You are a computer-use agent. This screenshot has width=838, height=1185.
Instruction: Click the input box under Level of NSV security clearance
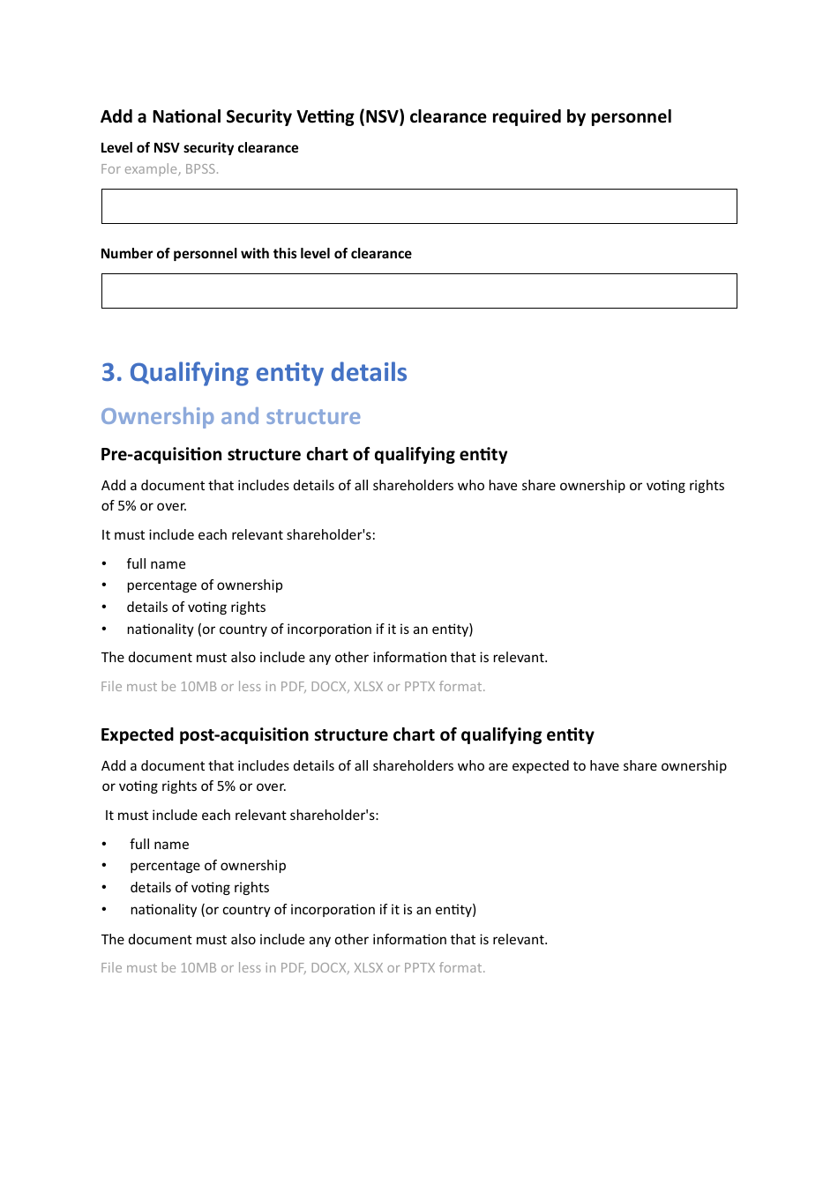[419, 206]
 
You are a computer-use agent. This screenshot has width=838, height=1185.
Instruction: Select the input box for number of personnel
[419, 291]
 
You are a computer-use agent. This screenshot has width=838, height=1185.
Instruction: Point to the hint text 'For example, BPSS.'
[160, 169]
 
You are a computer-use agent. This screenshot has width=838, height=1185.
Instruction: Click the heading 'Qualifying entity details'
[268, 373]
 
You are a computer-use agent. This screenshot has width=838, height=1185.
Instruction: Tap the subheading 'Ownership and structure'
[230, 416]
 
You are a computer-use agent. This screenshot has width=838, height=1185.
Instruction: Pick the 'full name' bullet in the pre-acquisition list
[156, 564]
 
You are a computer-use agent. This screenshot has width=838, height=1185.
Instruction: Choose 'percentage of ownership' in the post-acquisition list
[208, 866]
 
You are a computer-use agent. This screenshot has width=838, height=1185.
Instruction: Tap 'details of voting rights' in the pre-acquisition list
[196, 607]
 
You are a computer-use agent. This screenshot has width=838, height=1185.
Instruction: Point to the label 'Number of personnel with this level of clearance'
[256, 254]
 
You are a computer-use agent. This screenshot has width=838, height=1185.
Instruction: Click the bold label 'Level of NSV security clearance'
[199, 148]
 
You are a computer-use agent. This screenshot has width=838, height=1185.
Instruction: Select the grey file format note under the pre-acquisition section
[293, 687]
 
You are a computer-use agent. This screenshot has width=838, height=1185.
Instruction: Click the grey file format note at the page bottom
[293, 968]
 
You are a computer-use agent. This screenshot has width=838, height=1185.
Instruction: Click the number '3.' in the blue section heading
[112, 373]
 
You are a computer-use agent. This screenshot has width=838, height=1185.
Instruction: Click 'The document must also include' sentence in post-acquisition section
[324, 940]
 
